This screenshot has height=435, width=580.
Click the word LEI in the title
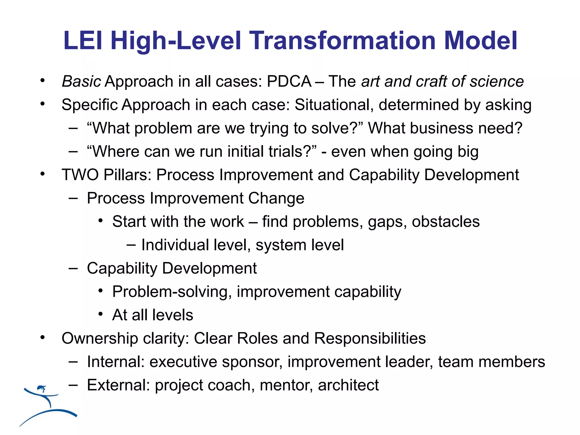(82, 41)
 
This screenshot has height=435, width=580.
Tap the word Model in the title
(481, 41)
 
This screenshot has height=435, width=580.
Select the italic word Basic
(81, 82)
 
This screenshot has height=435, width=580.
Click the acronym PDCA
(289, 82)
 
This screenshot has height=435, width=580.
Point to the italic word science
(497, 82)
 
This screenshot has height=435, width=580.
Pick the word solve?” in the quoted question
(337, 128)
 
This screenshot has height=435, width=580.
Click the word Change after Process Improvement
(276, 198)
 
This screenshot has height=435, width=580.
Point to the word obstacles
(446, 222)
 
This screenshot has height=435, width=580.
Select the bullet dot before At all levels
(101, 314)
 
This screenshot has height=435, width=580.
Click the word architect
(348, 385)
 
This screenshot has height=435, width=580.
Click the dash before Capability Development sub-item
(73, 268)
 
